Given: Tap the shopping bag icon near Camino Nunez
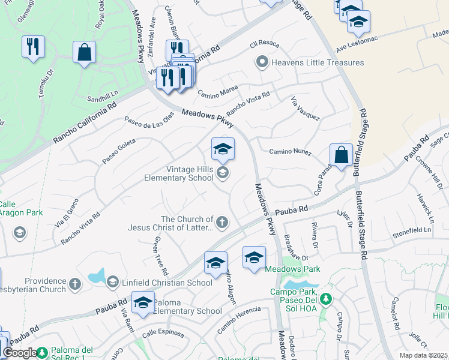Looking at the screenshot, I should (340, 155).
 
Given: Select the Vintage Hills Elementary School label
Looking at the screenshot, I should (179, 173).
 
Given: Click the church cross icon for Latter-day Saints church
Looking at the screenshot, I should (222, 223).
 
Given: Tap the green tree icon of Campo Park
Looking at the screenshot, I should (325, 298).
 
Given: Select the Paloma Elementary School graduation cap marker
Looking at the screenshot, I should (143, 304).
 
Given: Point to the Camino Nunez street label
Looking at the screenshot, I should (290, 152).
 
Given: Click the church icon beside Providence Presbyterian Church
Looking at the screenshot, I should (75, 283).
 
